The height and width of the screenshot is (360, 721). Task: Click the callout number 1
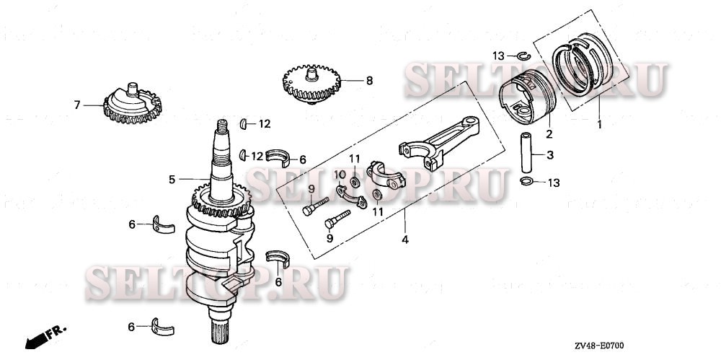(598, 124)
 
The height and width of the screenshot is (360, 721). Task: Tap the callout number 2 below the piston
(549, 134)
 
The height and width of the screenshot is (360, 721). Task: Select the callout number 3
(550, 154)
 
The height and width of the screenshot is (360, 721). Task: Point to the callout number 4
(404, 240)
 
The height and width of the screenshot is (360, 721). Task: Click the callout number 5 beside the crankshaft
(172, 179)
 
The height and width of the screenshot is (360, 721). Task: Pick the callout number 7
(77, 105)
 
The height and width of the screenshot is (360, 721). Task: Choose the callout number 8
(369, 81)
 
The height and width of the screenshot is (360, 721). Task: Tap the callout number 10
(340, 174)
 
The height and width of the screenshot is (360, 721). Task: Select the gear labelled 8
(311, 83)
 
